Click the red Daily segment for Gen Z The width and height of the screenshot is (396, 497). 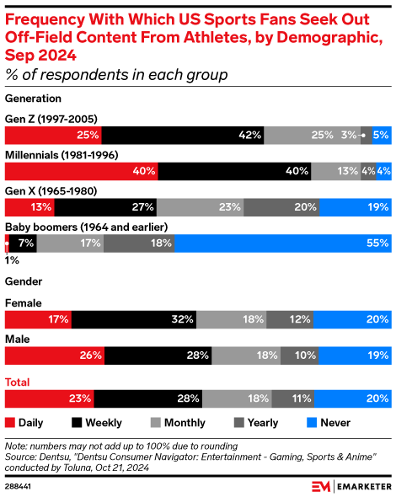[x=53, y=135]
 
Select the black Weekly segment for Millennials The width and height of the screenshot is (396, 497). [x=234, y=171]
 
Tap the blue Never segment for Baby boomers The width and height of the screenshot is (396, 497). [x=282, y=243]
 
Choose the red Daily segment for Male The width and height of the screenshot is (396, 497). [x=56, y=355]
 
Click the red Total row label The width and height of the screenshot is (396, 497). [x=19, y=382]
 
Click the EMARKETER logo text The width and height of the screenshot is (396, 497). [x=360, y=486]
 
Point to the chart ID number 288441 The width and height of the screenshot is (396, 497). [x=20, y=486]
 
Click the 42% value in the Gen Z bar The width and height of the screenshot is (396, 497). [x=249, y=135]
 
